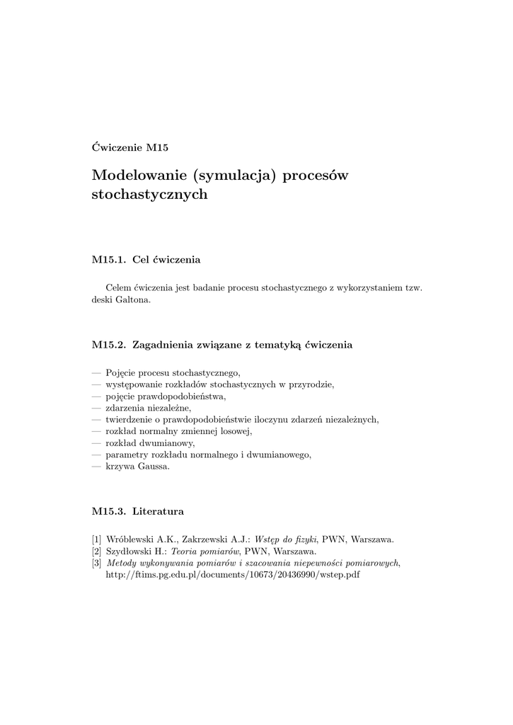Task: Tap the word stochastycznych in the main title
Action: coord(150,194)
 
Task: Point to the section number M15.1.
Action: coord(109,260)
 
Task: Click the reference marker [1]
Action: coord(97,540)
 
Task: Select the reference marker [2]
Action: coord(97,551)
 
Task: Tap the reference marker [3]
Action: coord(97,563)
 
